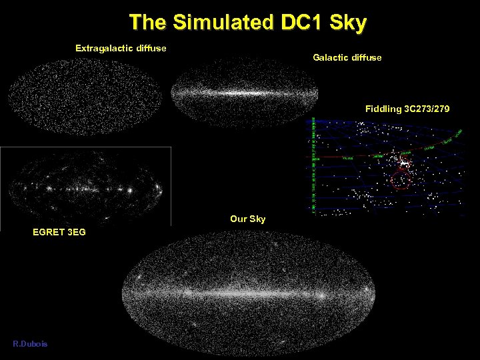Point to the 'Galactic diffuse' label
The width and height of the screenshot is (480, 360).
(x=347, y=58)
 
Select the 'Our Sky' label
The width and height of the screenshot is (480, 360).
(x=247, y=219)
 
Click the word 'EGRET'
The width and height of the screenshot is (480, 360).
(x=48, y=232)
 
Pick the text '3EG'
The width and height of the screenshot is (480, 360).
(x=75, y=232)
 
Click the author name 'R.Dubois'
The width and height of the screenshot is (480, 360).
(x=30, y=343)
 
